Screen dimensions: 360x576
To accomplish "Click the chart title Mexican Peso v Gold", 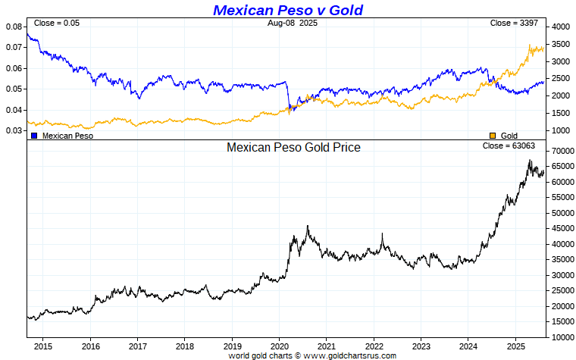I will (288, 10).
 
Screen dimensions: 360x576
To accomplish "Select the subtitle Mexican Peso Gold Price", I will (293, 148).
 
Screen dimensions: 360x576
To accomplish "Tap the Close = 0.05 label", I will (57, 23).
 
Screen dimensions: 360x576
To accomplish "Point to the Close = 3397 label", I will (514, 23).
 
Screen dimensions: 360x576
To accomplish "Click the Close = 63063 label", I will (509, 146).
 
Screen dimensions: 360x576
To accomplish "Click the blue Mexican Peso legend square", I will (34, 136).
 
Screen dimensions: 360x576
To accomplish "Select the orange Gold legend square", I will (493, 136).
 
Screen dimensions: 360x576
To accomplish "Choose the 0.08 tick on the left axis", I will (14, 27).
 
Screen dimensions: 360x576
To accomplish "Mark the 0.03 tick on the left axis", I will (14, 130).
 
